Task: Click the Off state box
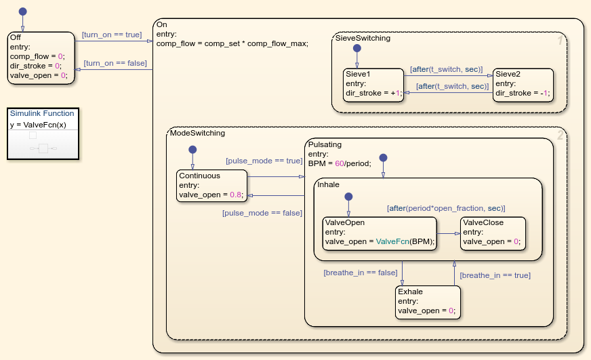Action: tap(41, 58)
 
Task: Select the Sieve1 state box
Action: tap(373, 84)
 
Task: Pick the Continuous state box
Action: tap(213, 186)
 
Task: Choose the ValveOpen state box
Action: tap(380, 233)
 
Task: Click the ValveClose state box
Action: tap(492, 233)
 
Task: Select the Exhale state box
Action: tap(428, 302)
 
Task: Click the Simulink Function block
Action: tap(43, 134)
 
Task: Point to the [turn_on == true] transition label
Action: tap(112, 35)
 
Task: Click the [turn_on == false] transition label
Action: tap(115, 63)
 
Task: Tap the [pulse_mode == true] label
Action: tap(264, 161)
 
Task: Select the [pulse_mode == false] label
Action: tap(262, 213)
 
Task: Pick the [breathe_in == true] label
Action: tap(495, 275)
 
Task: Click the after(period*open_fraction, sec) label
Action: tap(446, 208)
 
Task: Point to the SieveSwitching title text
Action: tap(363, 39)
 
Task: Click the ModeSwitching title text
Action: tap(198, 133)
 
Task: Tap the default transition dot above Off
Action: tap(22, 12)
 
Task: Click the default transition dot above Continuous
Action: tap(192, 149)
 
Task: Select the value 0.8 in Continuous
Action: tap(235, 195)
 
